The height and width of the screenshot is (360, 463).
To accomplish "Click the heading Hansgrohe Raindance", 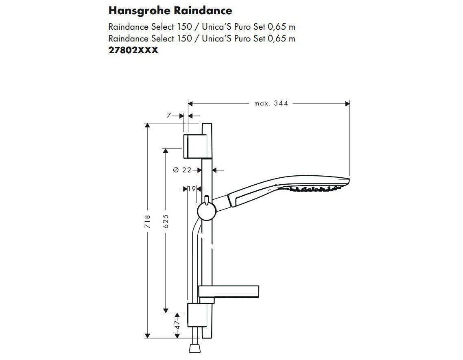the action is click(170, 11).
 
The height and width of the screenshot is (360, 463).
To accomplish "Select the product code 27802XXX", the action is click(133, 50).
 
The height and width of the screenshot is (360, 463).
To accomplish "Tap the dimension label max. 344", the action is click(271, 103).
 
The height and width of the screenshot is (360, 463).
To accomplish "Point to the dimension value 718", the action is click(148, 222).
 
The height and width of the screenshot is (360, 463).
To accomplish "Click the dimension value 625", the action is click(166, 221).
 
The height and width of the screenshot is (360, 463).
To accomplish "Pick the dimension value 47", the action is click(177, 325).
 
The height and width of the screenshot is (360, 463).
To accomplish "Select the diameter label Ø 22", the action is click(182, 170).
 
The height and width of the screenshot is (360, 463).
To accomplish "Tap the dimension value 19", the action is click(192, 189).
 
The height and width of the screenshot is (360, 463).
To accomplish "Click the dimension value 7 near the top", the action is click(169, 116).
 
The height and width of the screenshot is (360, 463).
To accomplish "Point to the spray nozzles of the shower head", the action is click(316, 188).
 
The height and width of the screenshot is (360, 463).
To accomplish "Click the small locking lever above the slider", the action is click(207, 199).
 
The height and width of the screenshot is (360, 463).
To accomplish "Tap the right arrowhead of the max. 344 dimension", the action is click(347, 103).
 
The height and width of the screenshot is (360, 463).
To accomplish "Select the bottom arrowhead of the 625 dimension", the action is click(166, 310).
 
